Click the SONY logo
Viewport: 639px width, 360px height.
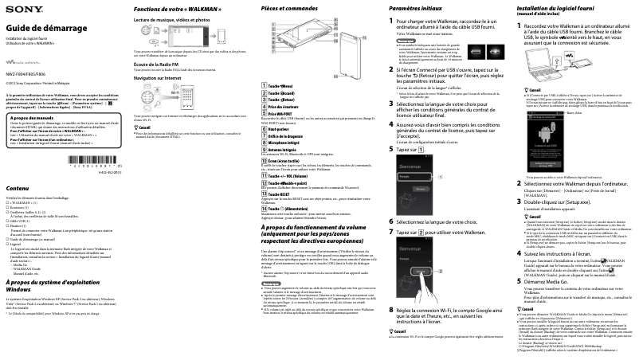[16, 9]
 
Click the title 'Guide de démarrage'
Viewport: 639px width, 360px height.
[41, 28]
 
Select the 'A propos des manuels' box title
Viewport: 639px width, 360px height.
[33, 116]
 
